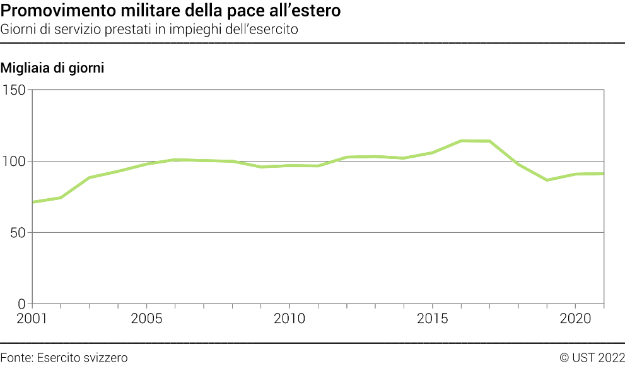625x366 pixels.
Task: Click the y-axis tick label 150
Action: click(15, 90)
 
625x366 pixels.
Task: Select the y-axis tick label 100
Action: click(15, 162)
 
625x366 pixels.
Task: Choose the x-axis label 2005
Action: click(146, 319)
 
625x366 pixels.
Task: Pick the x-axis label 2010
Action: click(289, 319)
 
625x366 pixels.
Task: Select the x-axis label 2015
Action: click(433, 319)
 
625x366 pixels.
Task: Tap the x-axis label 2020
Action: click(575, 319)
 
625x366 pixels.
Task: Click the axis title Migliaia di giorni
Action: click(52, 68)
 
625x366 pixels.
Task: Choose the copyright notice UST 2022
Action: click(597, 358)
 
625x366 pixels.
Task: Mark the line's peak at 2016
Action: click(461, 141)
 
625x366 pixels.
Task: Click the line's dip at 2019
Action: click(547, 180)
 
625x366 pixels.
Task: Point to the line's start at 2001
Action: click(33, 202)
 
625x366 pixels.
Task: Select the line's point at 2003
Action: click(90, 178)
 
